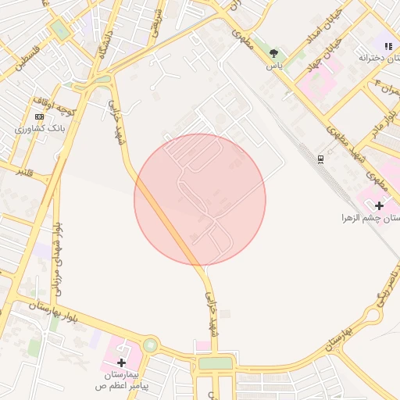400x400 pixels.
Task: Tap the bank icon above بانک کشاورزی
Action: (x=39, y=116)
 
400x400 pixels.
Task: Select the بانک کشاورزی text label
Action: (x=38, y=128)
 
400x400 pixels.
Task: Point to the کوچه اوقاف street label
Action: (x=55, y=105)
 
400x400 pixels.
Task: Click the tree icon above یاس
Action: (x=273, y=54)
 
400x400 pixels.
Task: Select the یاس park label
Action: (x=273, y=66)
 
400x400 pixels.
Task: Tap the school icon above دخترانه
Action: (x=387, y=46)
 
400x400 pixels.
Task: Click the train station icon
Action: (x=321, y=159)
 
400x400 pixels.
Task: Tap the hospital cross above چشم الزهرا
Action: (x=379, y=205)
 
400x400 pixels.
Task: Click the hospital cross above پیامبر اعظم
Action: (x=121, y=362)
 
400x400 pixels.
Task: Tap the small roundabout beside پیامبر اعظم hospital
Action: (x=149, y=345)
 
